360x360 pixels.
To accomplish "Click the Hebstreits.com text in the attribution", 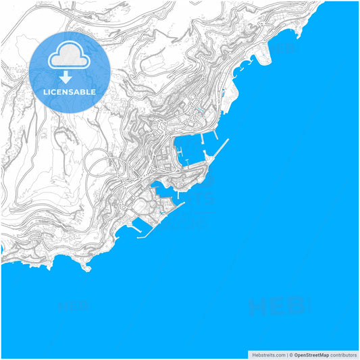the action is [267, 355].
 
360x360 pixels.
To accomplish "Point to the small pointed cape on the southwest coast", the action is [86, 267].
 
